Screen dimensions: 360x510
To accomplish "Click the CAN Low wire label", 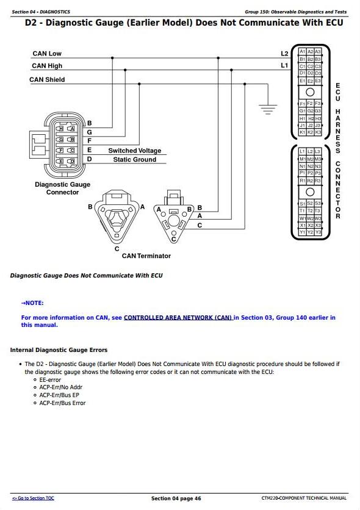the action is click(47, 53).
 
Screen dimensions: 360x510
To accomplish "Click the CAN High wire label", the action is click(47, 66).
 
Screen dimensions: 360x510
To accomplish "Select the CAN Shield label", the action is click(47, 80).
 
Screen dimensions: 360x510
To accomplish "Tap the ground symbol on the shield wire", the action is click(268, 109).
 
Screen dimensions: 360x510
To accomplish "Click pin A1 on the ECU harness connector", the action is click(303, 52).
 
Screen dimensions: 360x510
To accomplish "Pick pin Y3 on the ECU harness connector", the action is click(318, 232).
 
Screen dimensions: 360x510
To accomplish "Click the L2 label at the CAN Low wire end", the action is click(284, 54).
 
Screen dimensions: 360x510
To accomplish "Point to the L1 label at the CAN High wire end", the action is click(284, 65).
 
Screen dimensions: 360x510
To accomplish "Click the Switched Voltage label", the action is click(135, 151).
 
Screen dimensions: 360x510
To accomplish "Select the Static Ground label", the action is click(135, 159).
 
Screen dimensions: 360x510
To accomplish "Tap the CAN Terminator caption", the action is click(146, 256).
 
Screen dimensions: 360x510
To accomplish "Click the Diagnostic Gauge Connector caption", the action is click(62, 189).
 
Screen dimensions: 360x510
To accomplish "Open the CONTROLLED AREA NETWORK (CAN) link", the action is click(178, 318).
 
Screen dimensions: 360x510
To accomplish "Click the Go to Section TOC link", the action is click(33, 498).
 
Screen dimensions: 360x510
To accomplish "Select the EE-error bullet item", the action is click(50, 380).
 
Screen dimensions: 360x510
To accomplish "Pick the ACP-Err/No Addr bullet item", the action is click(61, 387).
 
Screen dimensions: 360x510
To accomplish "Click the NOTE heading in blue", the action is click(32, 303).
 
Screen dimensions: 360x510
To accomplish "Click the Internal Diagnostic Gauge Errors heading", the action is click(59, 350).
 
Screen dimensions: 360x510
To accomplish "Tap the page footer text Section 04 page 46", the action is click(176, 498).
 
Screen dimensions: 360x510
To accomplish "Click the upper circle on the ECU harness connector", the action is click(310, 92).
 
